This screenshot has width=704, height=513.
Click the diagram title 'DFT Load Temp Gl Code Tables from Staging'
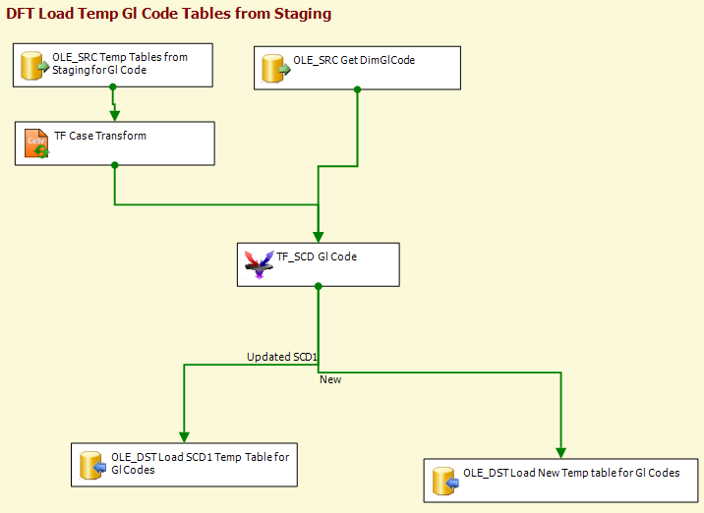(169, 14)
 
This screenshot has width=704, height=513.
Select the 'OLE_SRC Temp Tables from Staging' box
(113, 65)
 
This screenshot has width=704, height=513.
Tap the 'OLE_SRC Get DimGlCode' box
(357, 68)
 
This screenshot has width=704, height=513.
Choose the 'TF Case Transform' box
(115, 143)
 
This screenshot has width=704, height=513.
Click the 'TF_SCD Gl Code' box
(319, 264)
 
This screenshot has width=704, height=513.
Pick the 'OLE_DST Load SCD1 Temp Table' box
(184, 465)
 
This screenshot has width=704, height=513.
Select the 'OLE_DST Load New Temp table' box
(560, 481)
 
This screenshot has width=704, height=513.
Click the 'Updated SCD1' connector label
(282, 357)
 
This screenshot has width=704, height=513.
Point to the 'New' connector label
(330, 379)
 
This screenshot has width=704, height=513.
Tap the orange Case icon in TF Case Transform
(36, 143)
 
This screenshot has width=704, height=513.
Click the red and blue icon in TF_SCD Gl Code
(259, 264)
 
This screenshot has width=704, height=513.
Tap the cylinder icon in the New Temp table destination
(445, 482)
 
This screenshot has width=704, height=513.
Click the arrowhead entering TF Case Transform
(114, 116)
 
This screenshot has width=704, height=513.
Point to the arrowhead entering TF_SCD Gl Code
(319, 238)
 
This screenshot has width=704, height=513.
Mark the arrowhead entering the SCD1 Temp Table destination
(184, 437)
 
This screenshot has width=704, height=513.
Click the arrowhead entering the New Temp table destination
(560, 453)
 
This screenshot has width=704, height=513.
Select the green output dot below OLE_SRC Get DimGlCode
(357, 89)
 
